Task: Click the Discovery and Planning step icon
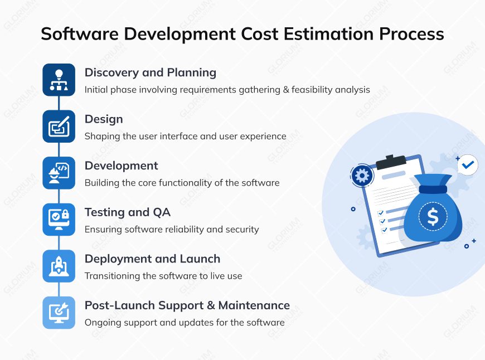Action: pos(59,80)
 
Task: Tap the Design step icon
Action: pos(59,127)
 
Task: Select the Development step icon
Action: pos(59,173)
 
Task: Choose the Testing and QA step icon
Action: pos(59,220)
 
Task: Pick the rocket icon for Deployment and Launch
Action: pos(59,266)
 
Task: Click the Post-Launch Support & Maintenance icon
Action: pos(59,313)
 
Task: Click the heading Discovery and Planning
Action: pos(150,72)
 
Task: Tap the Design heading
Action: pos(104,119)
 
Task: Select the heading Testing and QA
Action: pos(127,212)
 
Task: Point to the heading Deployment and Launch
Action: pos(152,259)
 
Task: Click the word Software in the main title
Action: pos(79,34)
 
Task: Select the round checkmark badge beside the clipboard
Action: pos(467,165)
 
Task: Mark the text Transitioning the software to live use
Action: pos(163,276)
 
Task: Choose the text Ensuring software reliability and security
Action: pos(172,229)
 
